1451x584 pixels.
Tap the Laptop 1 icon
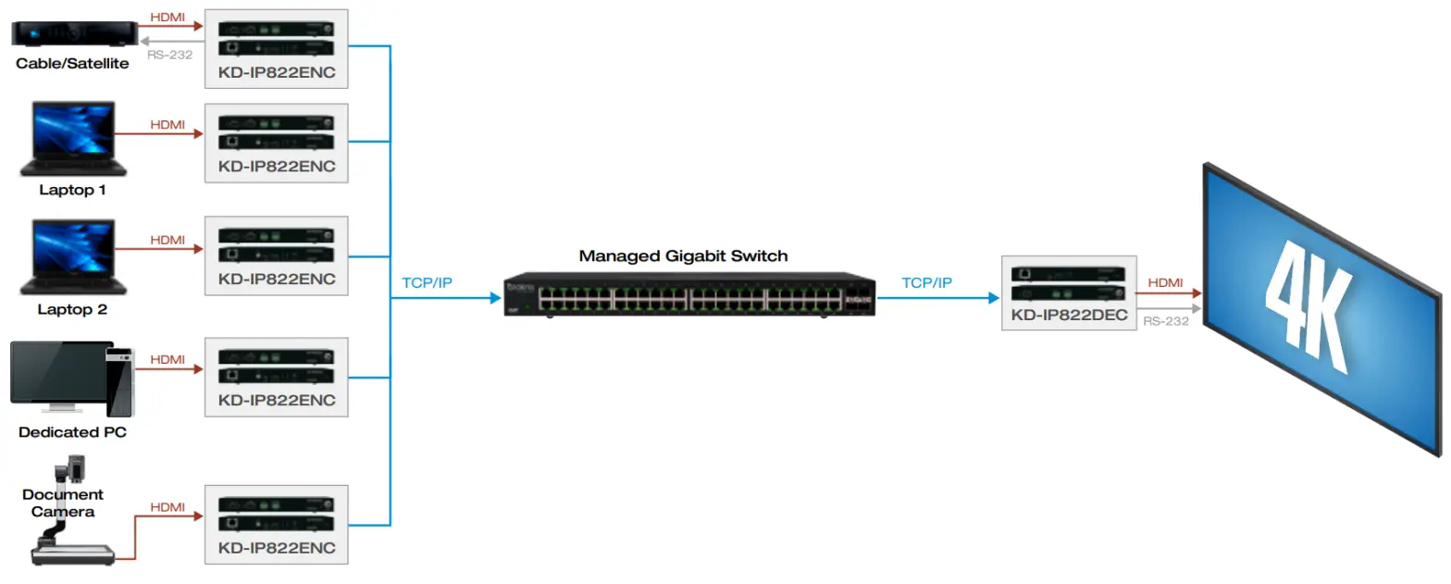click(x=73, y=139)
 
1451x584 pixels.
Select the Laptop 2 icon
click(x=73, y=258)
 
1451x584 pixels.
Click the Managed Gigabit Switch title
click(x=683, y=255)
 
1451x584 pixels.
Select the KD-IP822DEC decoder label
click(x=1068, y=317)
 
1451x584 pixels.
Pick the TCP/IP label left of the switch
click(x=428, y=282)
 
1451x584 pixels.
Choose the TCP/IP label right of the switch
click(x=927, y=282)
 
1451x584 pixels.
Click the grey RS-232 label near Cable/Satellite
click(x=169, y=55)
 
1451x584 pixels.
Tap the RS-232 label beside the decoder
click(x=1166, y=321)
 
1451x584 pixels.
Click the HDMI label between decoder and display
click(x=1164, y=282)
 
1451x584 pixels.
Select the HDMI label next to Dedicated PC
click(x=167, y=358)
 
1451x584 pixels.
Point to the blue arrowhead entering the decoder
click(x=995, y=298)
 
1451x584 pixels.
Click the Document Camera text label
click(x=63, y=503)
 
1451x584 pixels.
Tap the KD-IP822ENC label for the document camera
click(x=277, y=548)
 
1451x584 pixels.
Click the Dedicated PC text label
click(x=72, y=432)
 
